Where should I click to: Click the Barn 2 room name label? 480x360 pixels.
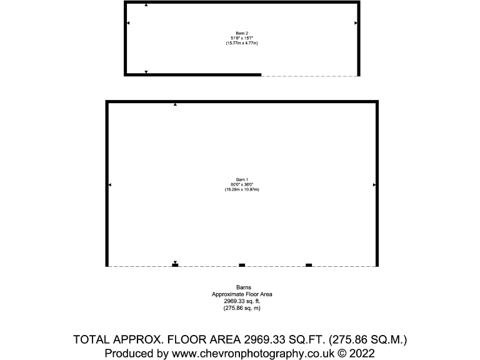(242, 32)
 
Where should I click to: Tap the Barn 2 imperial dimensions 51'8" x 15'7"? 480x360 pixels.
(242, 37)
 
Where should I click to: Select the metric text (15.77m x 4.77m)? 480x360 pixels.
(242, 42)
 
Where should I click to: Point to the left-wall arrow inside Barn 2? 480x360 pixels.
(128, 23)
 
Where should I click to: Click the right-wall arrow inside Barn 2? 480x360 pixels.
(356, 23)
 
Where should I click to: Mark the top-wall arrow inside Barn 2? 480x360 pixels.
(146, 6)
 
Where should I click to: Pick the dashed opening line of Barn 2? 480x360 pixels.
(309, 76)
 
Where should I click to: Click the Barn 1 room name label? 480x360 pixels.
(242, 179)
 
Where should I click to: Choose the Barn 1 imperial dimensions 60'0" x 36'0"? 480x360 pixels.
(242, 184)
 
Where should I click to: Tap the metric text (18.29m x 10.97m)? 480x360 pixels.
(242, 189)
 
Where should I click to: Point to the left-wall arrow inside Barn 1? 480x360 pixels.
(110, 185)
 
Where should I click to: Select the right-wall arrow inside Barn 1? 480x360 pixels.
(374, 185)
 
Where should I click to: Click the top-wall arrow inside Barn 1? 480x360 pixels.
(175, 105)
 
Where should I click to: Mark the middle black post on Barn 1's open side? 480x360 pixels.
(242, 265)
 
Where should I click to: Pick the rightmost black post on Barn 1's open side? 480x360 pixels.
(309, 265)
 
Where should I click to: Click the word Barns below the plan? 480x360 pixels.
(242, 288)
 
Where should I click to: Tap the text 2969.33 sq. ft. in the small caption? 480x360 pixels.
(242, 301)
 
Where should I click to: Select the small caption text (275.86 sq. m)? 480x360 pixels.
(242, 308)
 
